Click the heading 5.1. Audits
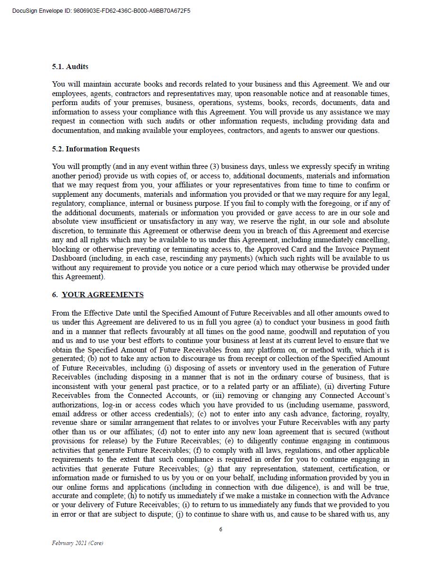point(70,67)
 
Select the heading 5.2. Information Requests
point(96,149)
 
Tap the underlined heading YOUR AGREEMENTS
point(103,295)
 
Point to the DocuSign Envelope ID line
point(101,11)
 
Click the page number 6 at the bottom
point(220,529)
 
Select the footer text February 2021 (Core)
point(78,543)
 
